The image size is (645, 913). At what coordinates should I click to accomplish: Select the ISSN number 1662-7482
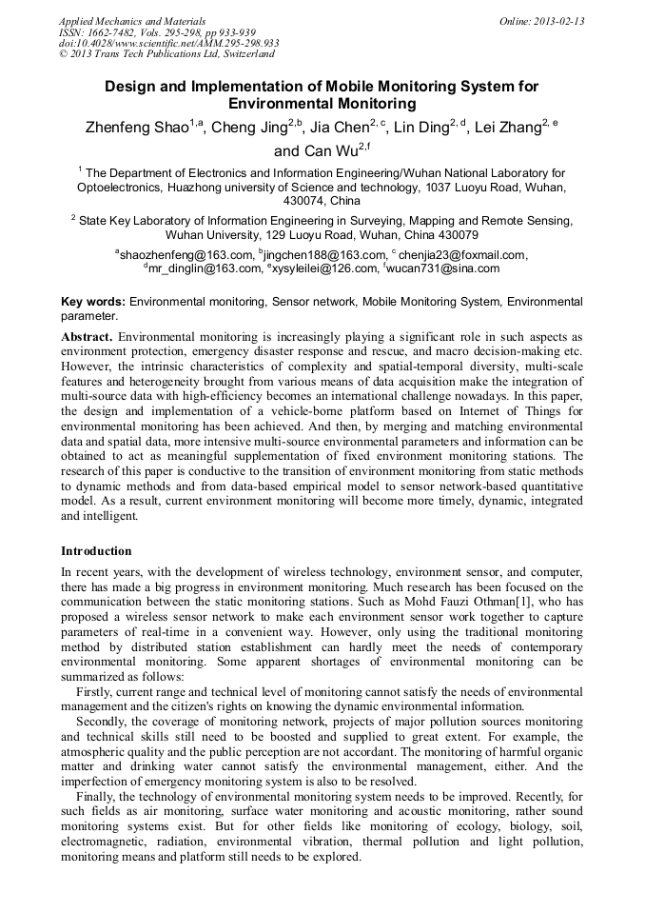[112, 32]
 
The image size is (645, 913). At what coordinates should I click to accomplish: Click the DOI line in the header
[168, 44]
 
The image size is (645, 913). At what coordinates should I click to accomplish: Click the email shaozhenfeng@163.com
[186, 255]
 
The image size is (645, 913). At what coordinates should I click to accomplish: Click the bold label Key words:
[93, 302]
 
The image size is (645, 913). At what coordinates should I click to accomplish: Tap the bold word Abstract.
[87, 337]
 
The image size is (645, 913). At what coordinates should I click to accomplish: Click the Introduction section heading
[96, 551]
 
